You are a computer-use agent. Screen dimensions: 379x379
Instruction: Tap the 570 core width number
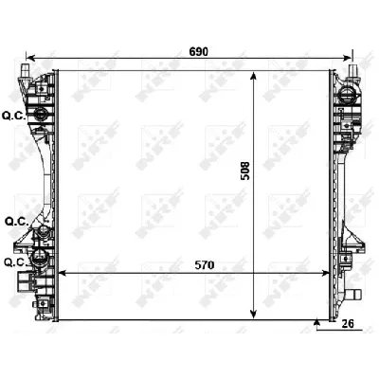201,265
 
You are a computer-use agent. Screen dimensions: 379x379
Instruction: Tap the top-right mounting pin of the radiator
355,70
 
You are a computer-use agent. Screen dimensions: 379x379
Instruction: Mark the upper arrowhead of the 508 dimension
252,77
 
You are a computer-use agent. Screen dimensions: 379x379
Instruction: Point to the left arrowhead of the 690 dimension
29,57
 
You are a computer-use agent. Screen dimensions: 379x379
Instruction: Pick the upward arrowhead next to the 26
316,323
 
